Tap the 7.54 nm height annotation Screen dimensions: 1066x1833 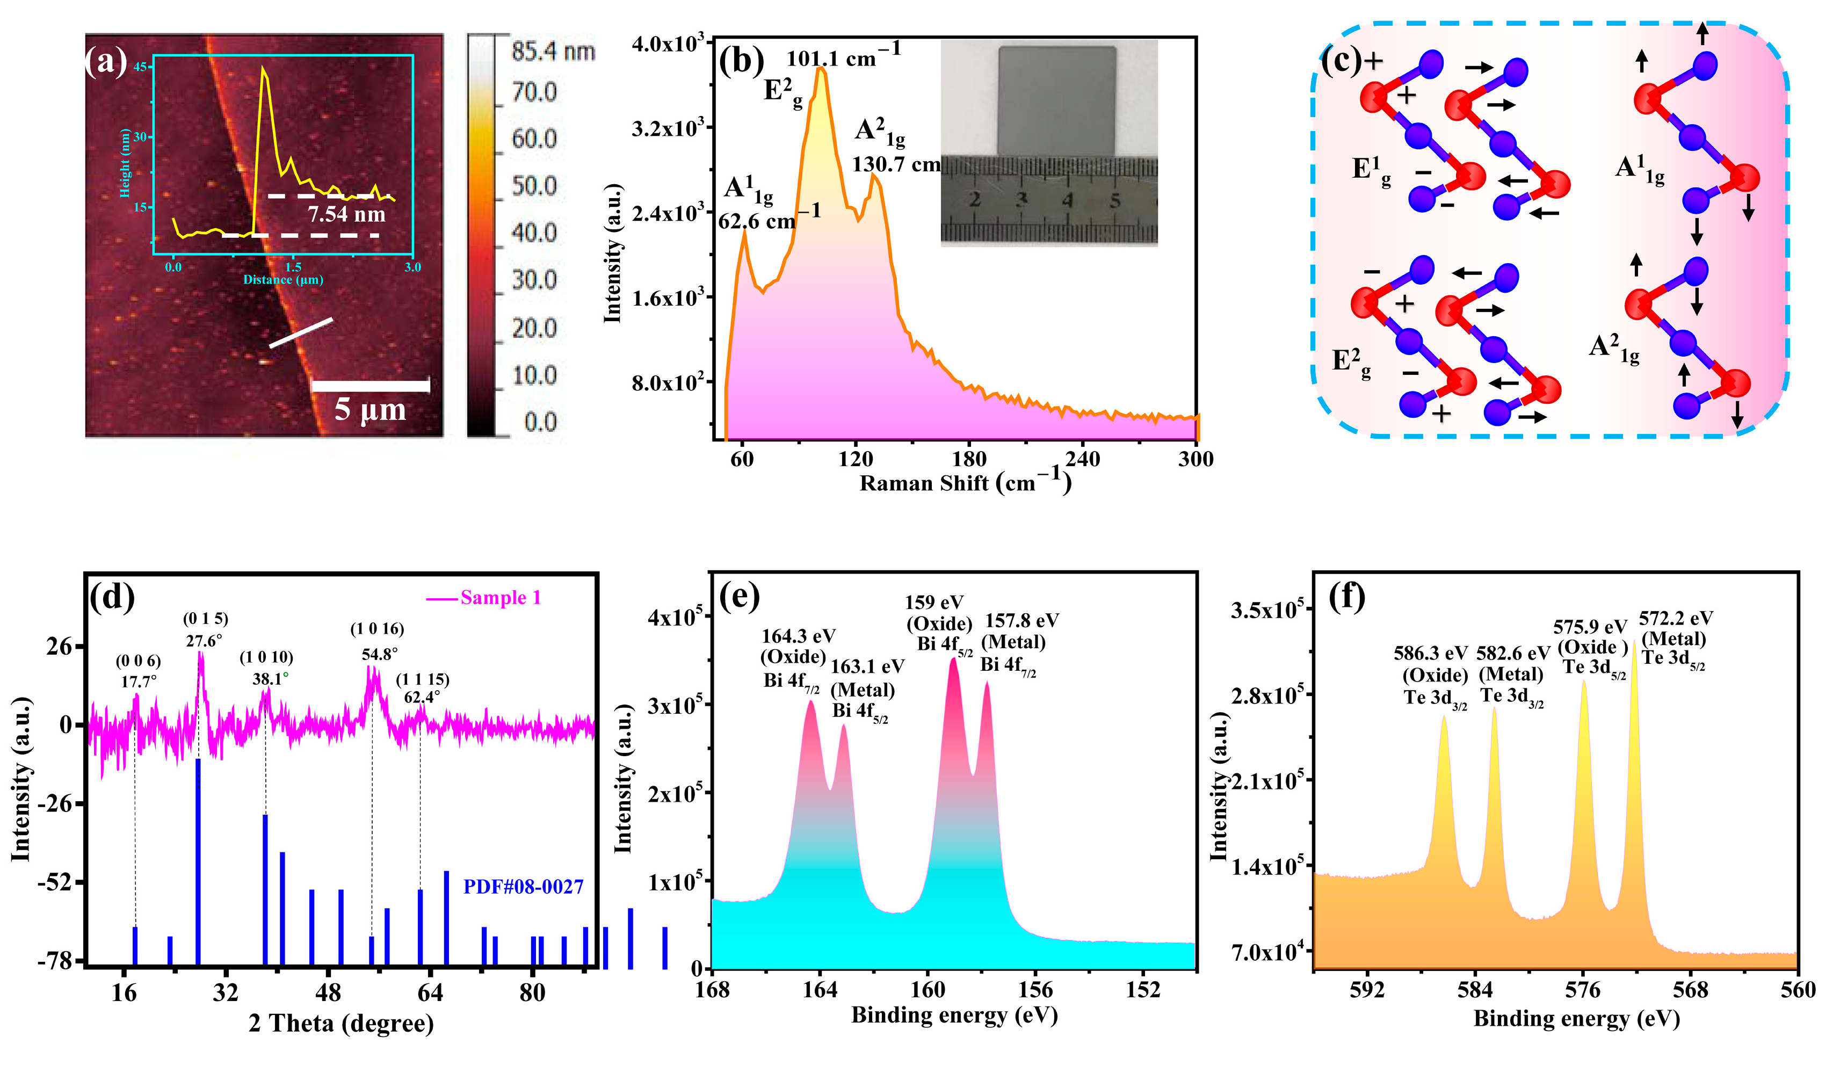346,214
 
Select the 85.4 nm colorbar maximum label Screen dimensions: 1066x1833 553,51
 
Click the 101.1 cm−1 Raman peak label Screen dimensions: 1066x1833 843,55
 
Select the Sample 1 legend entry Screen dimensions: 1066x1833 501,598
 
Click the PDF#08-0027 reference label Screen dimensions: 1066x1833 523,887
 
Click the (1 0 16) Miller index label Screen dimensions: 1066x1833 377,628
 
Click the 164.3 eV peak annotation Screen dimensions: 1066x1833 798,636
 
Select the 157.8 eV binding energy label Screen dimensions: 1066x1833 1021,620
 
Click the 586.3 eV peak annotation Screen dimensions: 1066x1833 1430,653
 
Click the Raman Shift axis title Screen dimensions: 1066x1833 965,483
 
